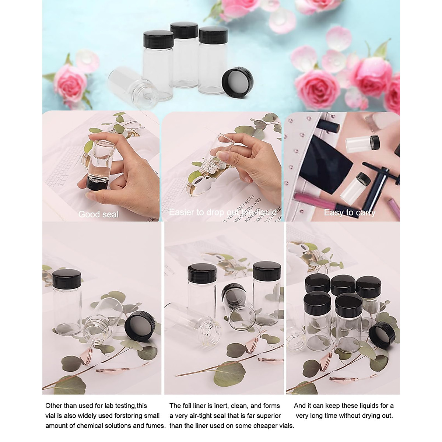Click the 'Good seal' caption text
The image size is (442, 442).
coord(98,214)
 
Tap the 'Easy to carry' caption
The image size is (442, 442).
coord(349,213)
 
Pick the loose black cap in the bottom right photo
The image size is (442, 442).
coord(382,335)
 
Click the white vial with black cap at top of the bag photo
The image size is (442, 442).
coord(363,144)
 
